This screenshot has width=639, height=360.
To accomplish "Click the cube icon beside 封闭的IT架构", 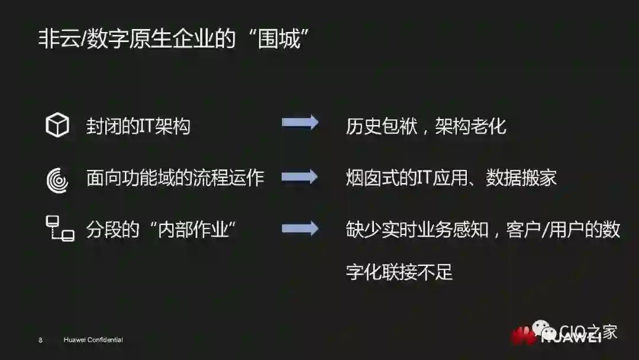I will (x=57, y=126).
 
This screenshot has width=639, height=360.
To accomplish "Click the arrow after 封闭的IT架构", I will (x=300, y=123).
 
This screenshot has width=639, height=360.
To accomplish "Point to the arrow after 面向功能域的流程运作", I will (x=300, y=176).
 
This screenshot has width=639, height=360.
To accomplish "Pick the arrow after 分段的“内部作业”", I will (x=300, y=229).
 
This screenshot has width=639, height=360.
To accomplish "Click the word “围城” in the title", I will (x=277, y=40).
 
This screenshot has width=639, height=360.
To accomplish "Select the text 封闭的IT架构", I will (x=138, y=126).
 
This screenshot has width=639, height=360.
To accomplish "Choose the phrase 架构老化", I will (x=471, y=126).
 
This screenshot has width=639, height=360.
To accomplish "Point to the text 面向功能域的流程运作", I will (x=175, y=178).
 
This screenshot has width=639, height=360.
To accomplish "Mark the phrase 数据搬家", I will (x=521, y=178).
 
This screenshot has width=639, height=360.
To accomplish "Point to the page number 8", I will (x=40, y=340).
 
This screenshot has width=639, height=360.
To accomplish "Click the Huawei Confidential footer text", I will (x=93, y=340).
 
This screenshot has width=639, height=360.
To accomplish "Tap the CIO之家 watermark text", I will (x=588, y=332).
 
